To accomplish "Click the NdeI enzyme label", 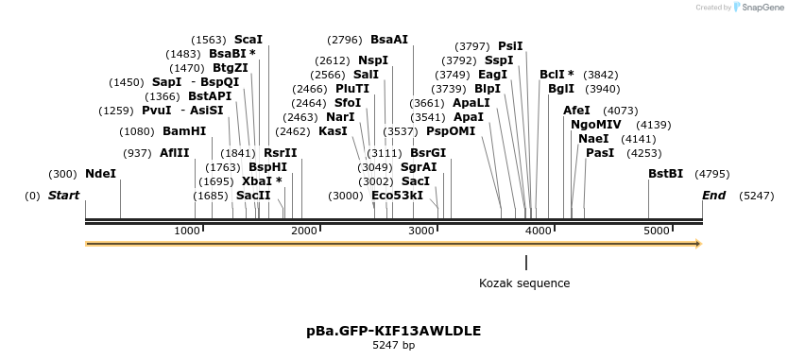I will (101, 174).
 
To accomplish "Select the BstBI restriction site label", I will (665, 174).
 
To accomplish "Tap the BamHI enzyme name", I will (184, 131).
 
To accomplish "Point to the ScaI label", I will (248, 40).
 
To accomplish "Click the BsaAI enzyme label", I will (389, 40).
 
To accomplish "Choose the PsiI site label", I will (510, 46).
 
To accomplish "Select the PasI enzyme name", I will (600, 152).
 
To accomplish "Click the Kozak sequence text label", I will (524, 283).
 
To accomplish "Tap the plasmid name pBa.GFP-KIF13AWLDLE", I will (393, 331).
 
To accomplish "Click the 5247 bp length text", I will (393, 346).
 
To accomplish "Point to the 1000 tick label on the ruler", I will (187, 231).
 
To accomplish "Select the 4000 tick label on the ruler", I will (539, 231).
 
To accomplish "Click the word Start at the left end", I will (64, 196).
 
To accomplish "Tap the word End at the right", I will (714, 196).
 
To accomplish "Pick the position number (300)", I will (62, 174).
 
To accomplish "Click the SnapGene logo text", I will (761, 8).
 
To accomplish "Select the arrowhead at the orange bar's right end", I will (698, 244).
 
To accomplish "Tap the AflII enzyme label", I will (175, 153).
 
